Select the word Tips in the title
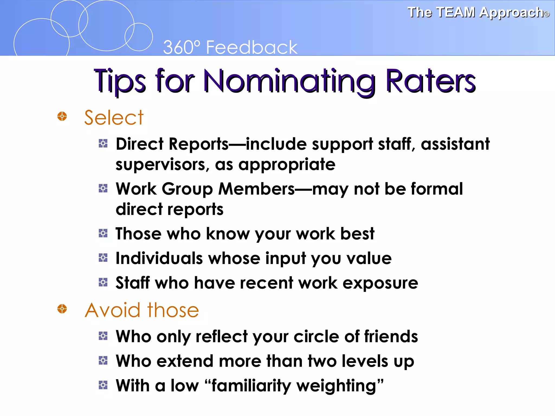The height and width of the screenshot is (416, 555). pos(120,81)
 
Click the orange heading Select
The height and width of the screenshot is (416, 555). pos(114,118)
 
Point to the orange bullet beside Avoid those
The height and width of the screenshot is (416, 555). pos(62,308)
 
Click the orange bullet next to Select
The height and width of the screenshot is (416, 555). pos(62,116)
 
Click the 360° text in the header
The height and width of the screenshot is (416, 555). pos(182,48)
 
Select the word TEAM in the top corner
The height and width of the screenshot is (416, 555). pos(456,12)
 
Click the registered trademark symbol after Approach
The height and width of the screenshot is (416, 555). pos(547,14)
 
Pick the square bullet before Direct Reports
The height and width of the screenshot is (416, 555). pos(103,143)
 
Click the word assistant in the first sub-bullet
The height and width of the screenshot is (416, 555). pos(455,144)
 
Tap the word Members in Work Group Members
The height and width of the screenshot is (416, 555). pos(256,189)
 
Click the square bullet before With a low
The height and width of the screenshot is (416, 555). pos(103,385)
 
